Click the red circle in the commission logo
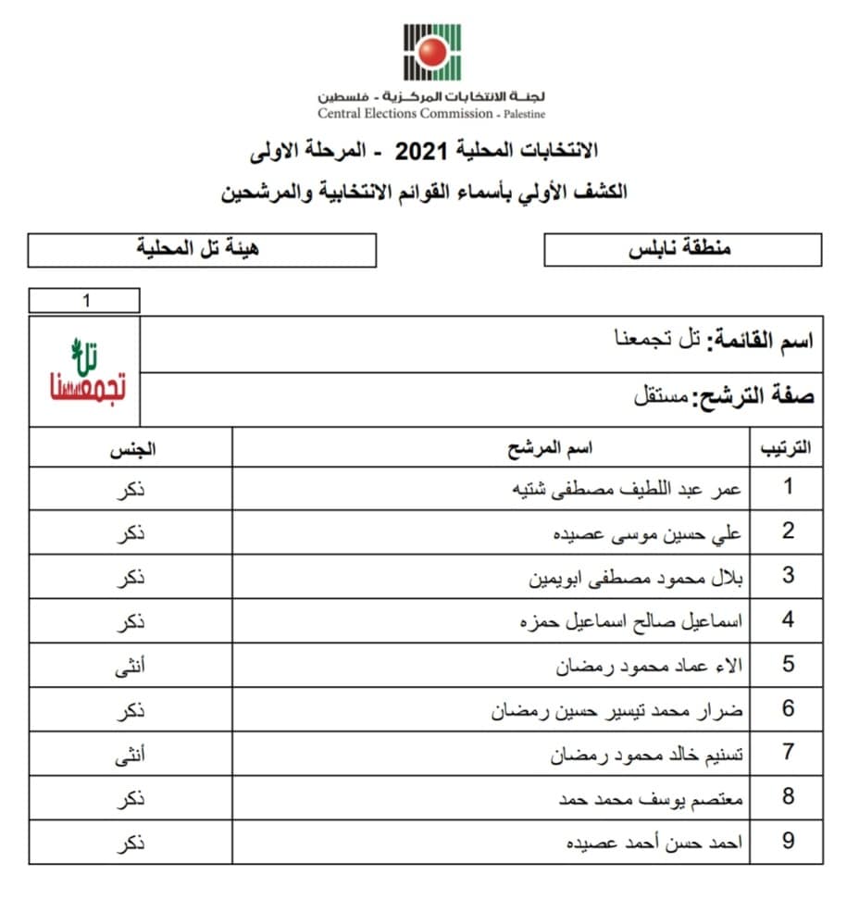pyautogui.click(x=431, y=52)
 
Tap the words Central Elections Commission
pyautogui.click(x=405, y=114)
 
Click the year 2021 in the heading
pyautogui.click(x=416, y=149)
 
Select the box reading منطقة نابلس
pyautogui.click(x=682, y=249)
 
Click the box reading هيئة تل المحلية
pyautogui.click(x=202, y=249)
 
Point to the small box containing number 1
pyautogui.click(x=84, y=301)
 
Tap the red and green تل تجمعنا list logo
pyautogui.click(x=85, y=371)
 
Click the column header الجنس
pyautogui.click(x=133, y=449)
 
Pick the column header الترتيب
pyautogui.click(x=785, y=449)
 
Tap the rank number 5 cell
pyautogui.click(x=788, y=665)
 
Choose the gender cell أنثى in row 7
pyautogui.click(x=133, y=754)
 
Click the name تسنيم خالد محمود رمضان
pyautogui.click(x=648, y=754)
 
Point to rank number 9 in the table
pyautogui.click(x=788, y=843)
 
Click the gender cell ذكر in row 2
pyautogui.click(x=133, y=532)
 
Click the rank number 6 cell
pyautogui.click(x=788, y=709)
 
